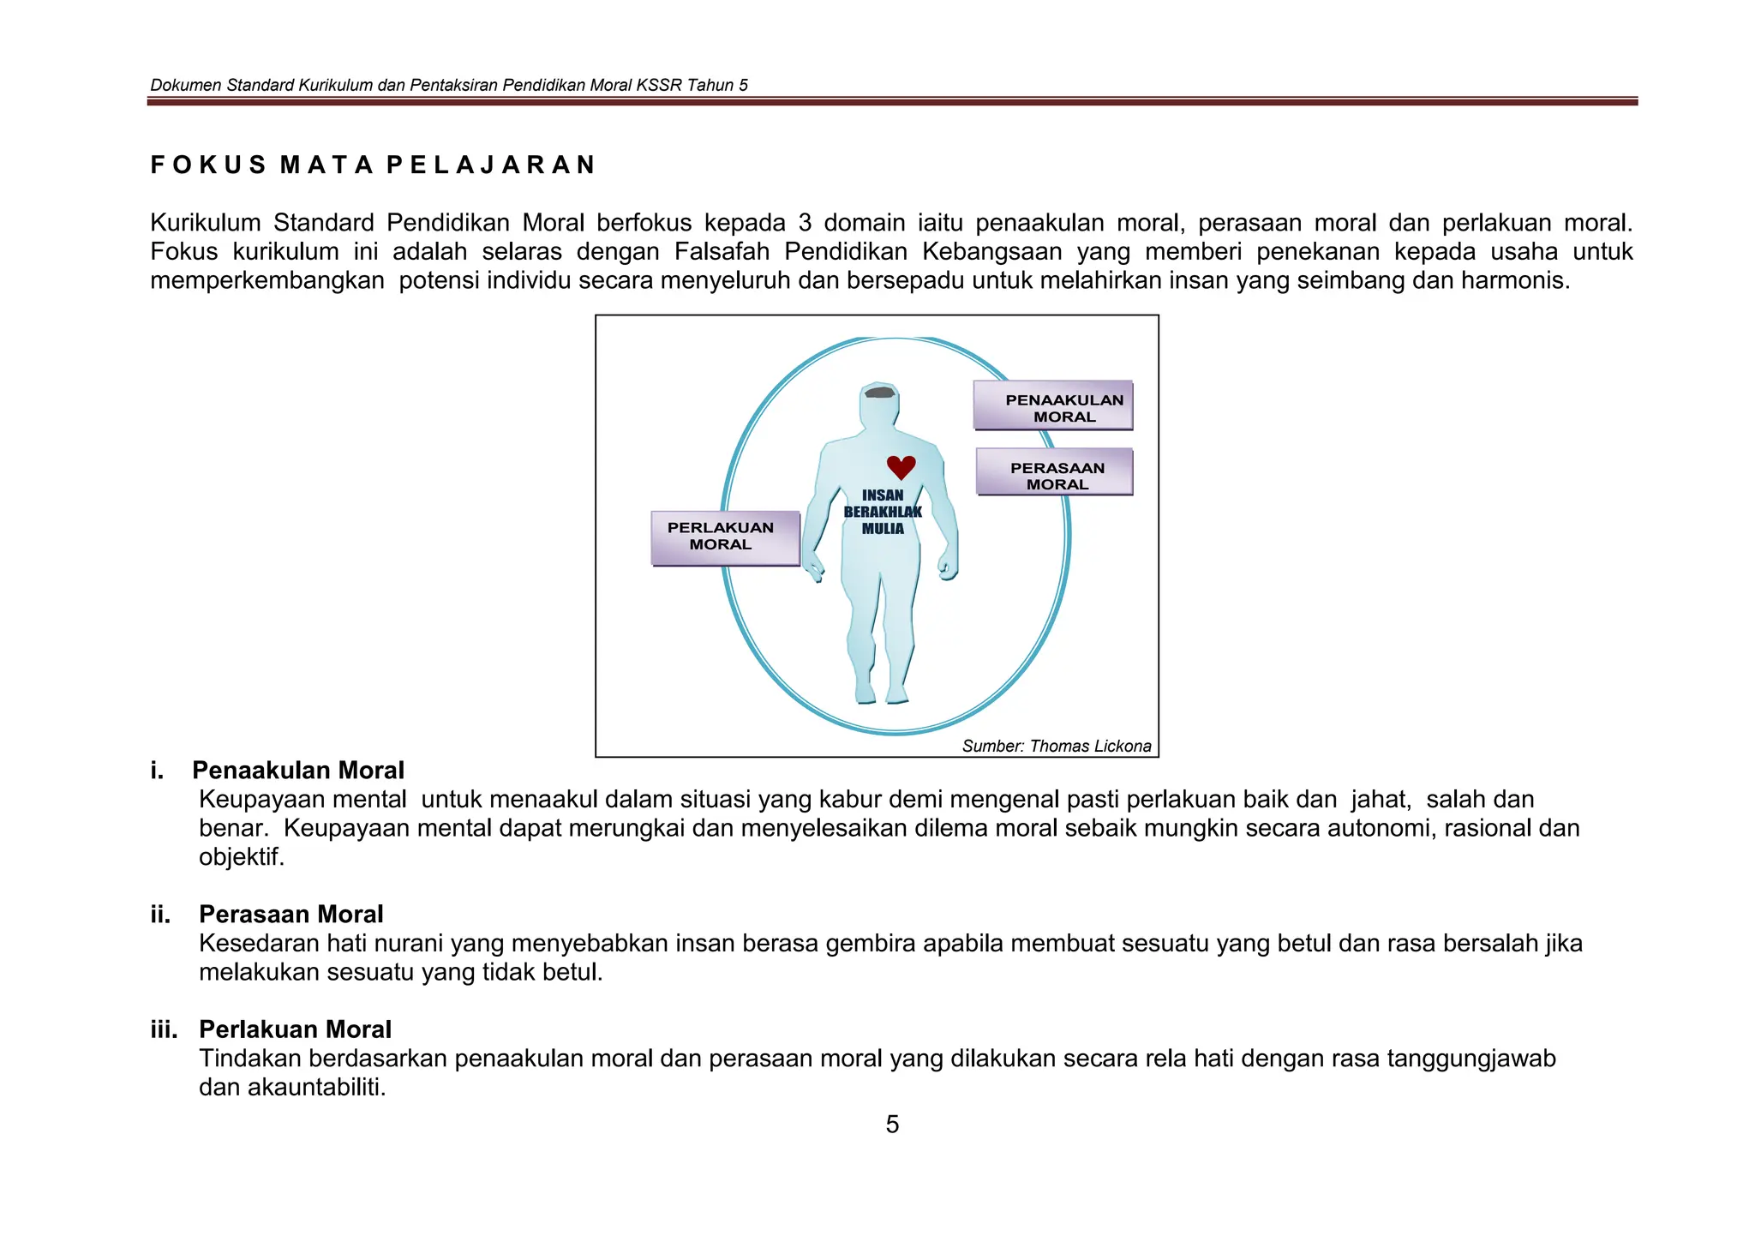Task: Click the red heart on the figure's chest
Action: pyautogui.click(x=901, y=467)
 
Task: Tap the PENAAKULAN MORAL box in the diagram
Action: pyautogui.click(x=1053, y=406)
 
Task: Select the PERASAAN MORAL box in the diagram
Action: pyautogui.click(x=1055, y=473)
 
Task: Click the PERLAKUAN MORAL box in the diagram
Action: pyautogui.click(x=725, y=537)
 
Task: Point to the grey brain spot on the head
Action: pyautogui.click(x=880, y=393)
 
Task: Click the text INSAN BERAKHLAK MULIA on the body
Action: pyautogui.click(x=883, y=512)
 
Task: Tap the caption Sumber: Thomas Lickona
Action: pyautogui.click(x=1056, y=746)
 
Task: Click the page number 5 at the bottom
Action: pyautogui.click(x=892, y=1125)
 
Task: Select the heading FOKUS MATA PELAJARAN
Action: pyautogui.click(x=373, y=165)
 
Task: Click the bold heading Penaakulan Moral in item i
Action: pyautogui.click(x=298, y=770)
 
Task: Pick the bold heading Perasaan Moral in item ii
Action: pyautogui.click(x=291, y=914)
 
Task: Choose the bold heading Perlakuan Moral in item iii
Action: pyautogui.click(x=295, y=1029)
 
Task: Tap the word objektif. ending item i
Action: pyautogui.click(x=241, y=856)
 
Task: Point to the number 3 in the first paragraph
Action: pyautogui.click(x=805, y=223)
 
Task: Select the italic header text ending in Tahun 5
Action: pyautogui.click(x=449, y=85)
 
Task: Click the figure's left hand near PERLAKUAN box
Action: pyautogui.click(x=813, y=568)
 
